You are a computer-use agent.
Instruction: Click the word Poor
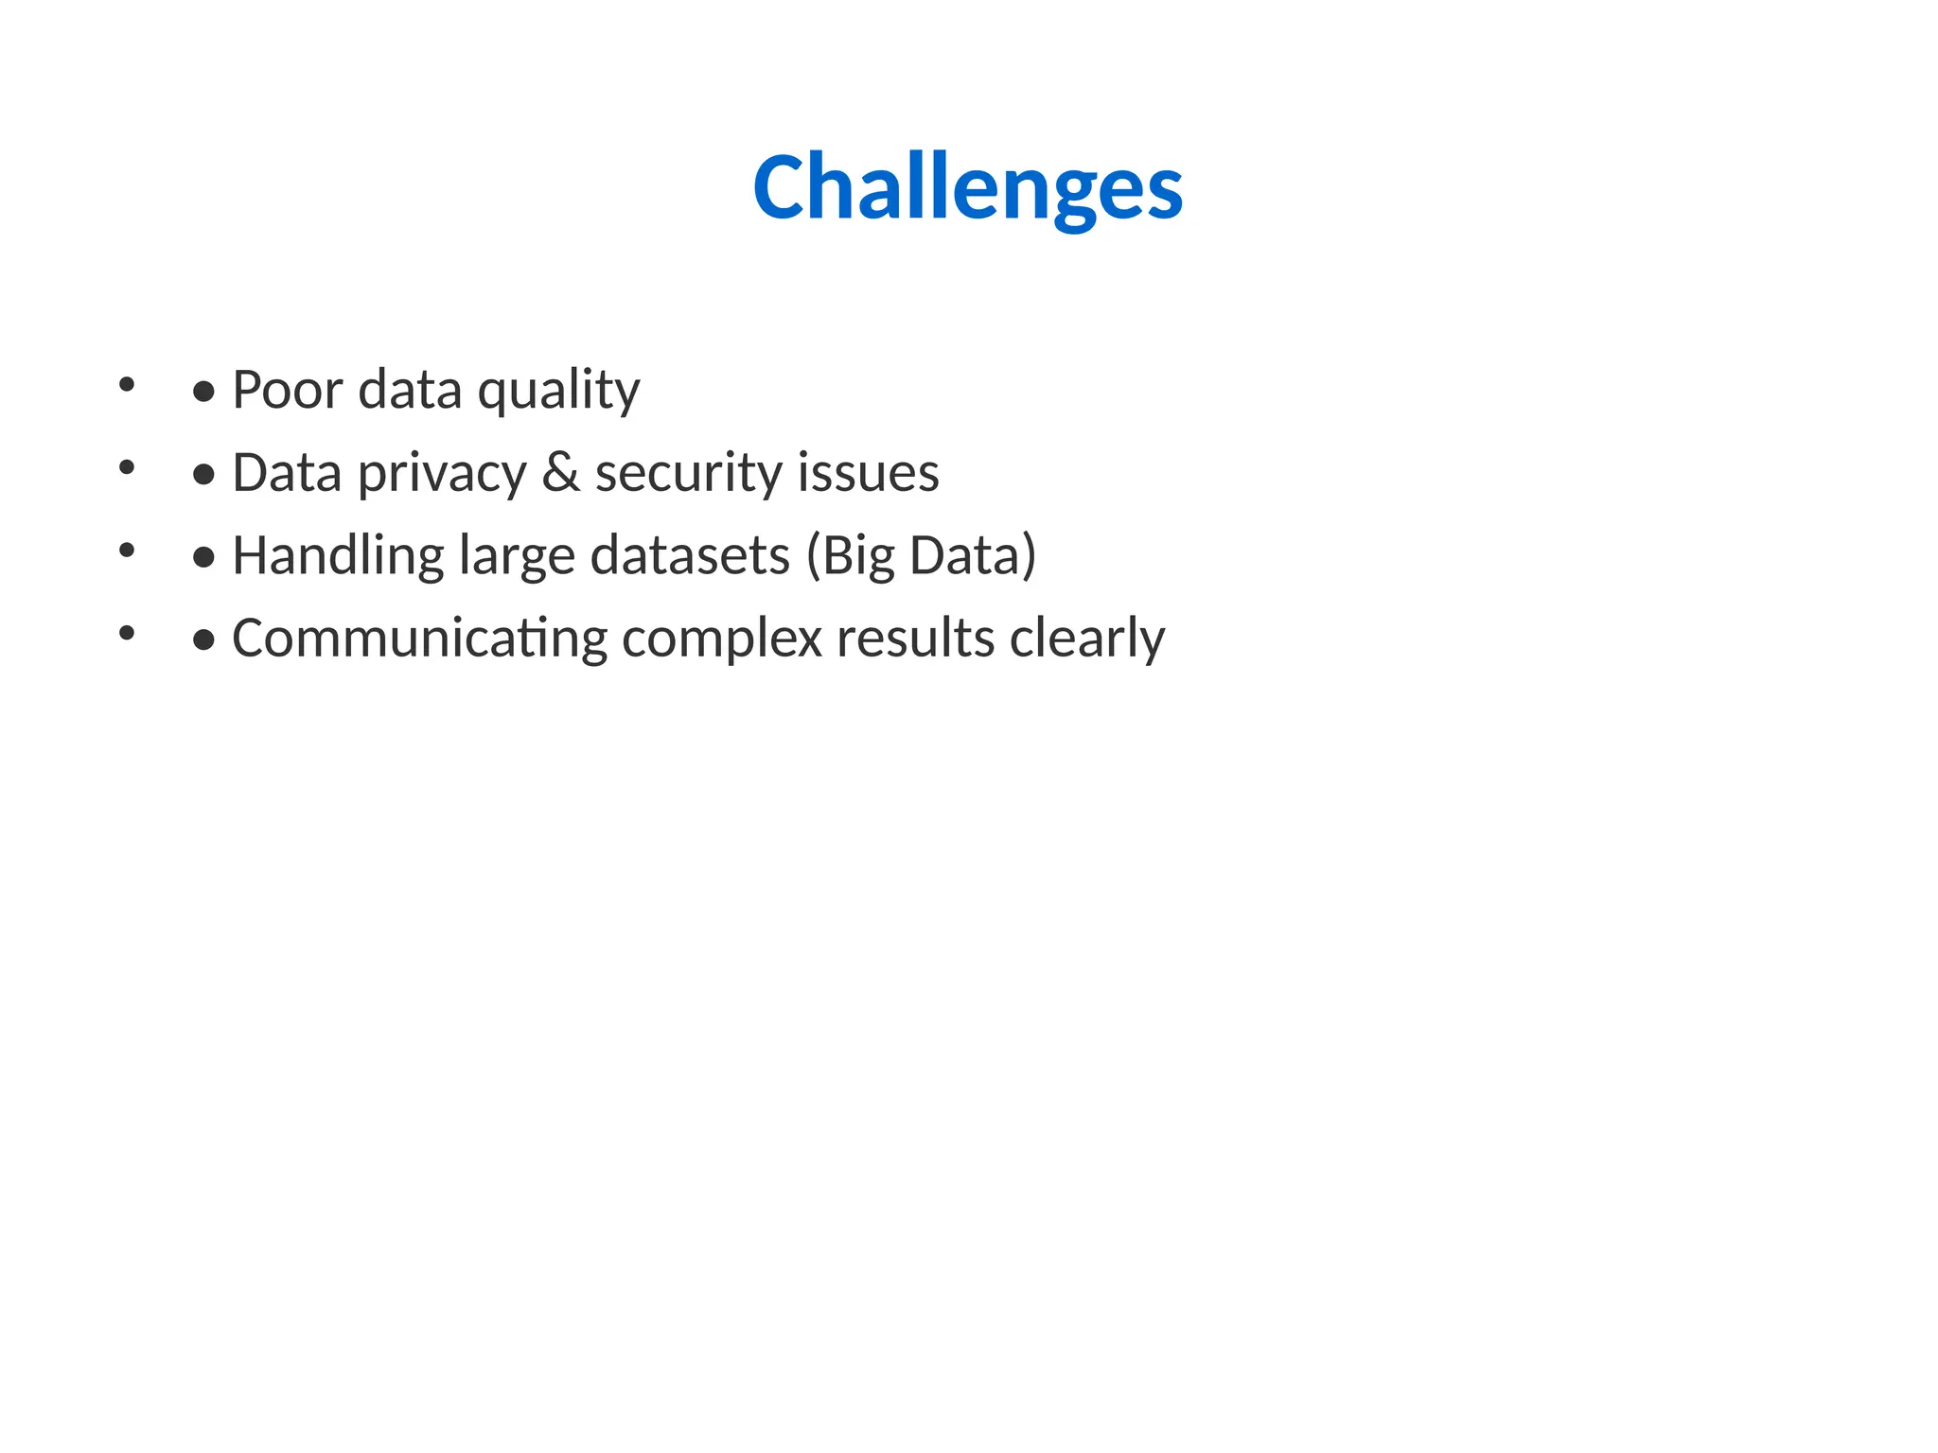click(288, 389)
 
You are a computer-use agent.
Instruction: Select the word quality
click(558, 391)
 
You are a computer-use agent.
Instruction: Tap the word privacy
click(441, 473)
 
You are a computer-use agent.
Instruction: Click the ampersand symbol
click(560, 472)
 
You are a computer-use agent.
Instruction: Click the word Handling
click(338, 556)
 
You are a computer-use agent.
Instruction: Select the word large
click(517, 556)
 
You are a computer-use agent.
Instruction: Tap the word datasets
click(690, 555)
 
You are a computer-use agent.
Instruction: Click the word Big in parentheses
click(855, 556)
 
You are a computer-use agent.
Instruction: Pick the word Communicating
click(419, 639)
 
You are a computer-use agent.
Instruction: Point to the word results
click(915, 638)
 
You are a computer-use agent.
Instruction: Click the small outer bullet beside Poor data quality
click(127, 384)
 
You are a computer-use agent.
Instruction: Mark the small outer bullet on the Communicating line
click(127, 633)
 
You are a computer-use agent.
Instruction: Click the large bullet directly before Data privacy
click(203, 475)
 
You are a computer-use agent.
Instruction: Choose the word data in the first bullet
click(410, 389)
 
